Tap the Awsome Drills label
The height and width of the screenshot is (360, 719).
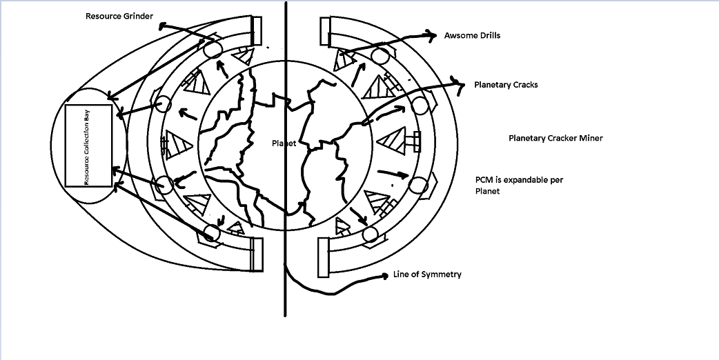click(472, 35)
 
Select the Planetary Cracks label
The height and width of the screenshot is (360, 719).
click(506, 85)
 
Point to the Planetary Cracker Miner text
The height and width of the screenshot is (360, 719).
click(555, 138)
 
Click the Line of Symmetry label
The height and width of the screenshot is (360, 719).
click(427, 274)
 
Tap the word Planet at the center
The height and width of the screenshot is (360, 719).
click(284, 143)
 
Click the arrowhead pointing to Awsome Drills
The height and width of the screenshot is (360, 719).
click(433, 34)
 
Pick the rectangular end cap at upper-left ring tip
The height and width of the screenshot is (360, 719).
click(256, 30)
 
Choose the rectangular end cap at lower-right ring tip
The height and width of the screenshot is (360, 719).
click(324, 257)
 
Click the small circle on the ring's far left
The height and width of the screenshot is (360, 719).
click(164, 104)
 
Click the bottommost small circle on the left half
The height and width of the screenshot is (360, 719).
click(211, 232)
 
